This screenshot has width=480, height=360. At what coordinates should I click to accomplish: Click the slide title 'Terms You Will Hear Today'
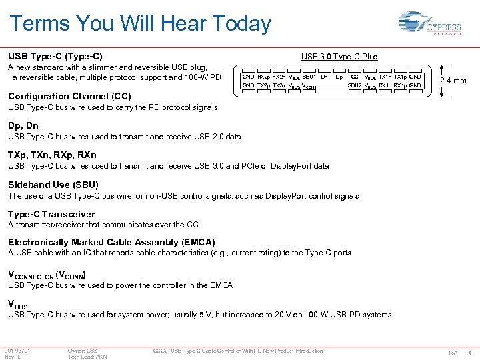[140, 25]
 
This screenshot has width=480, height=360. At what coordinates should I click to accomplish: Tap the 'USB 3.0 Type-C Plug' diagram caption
[339, 57]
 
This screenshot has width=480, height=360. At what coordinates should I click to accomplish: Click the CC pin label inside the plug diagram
[355, 77]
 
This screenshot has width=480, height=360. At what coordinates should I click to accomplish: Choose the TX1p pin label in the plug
[400, 77]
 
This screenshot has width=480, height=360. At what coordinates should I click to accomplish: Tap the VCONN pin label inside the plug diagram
[309, 87]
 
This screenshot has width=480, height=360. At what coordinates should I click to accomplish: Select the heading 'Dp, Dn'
[23, 125]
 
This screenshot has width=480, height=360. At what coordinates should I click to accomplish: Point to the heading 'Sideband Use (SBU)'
[53, 185]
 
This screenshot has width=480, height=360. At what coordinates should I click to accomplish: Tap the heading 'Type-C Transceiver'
[51, 214]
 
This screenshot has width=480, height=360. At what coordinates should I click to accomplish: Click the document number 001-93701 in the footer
[17, 351]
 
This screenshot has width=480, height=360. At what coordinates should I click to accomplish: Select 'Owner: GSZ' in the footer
[83, 351]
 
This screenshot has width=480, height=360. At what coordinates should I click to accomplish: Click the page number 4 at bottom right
[471, 353]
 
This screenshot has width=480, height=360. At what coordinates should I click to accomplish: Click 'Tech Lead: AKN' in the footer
[87, 357]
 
